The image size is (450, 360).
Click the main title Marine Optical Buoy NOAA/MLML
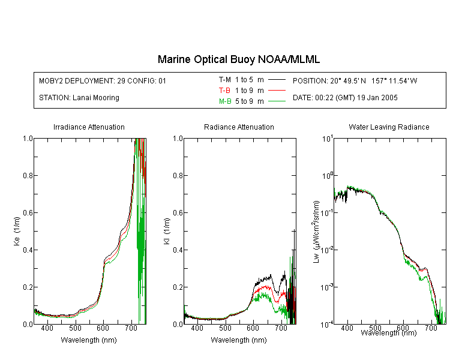pyautogui.click(x=238, y=59)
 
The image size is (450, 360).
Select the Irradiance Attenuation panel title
pyautogui.click(x=89, y=127)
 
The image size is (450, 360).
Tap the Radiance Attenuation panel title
pyautogui.click(x=239, y=127)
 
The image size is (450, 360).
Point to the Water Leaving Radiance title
pyautogui.click(x=389, y=127)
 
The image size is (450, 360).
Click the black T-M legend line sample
pyautogui.click(x=277, y=80)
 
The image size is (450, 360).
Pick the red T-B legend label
pyautogui.click(x=224, y=91)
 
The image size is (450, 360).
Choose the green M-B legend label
pyautogui.click(x=225, y=101)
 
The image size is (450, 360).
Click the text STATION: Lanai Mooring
pyautogui.click(x=79, y=98)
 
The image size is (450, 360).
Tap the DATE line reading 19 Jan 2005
pyautogui.click(x=345, y=98)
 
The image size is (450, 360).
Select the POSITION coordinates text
pyautogui.click(x=355, y=80)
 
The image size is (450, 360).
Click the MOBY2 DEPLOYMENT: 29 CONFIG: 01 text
pyautogui.click(x=103, y=80)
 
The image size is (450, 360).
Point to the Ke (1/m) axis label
pyautogui.click(x=17, y=231)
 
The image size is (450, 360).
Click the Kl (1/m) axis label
pyautogui.click(x=167, y=231)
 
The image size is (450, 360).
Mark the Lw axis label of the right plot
pyautogui.click(x=316, y=232)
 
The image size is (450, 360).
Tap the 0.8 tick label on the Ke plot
pyautogui.click(x=28, y=175)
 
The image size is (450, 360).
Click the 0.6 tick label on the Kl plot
pyautogui.click(x=178, y=213)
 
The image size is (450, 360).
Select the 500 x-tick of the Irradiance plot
pyautogui.click(x=75, y=328)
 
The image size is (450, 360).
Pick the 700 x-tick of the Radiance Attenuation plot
pyautogui.click(x=281, y=328)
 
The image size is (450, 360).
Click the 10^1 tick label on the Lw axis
pyautogui.click(x=328, y=139)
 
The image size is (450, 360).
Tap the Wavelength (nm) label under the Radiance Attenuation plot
pyautogui.click(x=239, y=340)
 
